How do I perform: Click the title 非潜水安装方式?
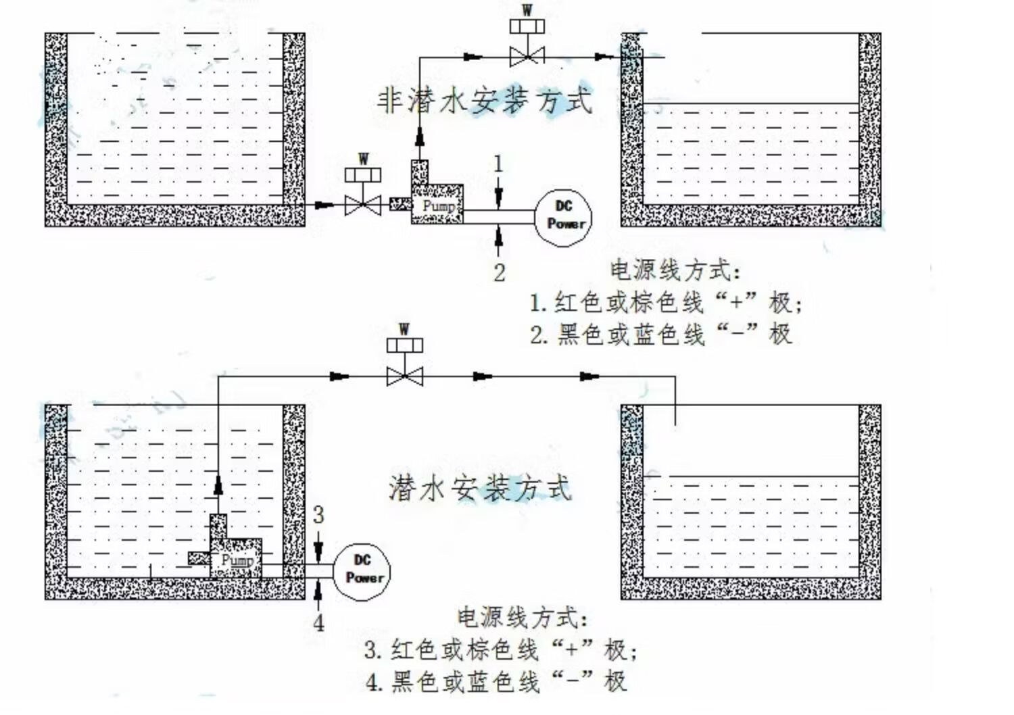485,100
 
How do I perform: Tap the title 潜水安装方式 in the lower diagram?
480,489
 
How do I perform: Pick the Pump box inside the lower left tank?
236,558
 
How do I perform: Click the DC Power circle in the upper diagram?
563,218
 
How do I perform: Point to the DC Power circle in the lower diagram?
362,572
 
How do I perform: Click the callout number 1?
498,164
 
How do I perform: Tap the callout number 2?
500,272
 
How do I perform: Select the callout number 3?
318,514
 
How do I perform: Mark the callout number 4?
318,623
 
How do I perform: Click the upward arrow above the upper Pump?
420,137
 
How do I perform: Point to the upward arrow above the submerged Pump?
218,485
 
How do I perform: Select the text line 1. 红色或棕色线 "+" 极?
665,302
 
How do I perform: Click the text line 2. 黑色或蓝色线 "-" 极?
661,335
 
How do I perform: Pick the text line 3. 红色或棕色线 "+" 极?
501,650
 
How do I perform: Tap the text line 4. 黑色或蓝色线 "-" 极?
496,682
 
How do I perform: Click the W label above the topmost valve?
527,10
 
